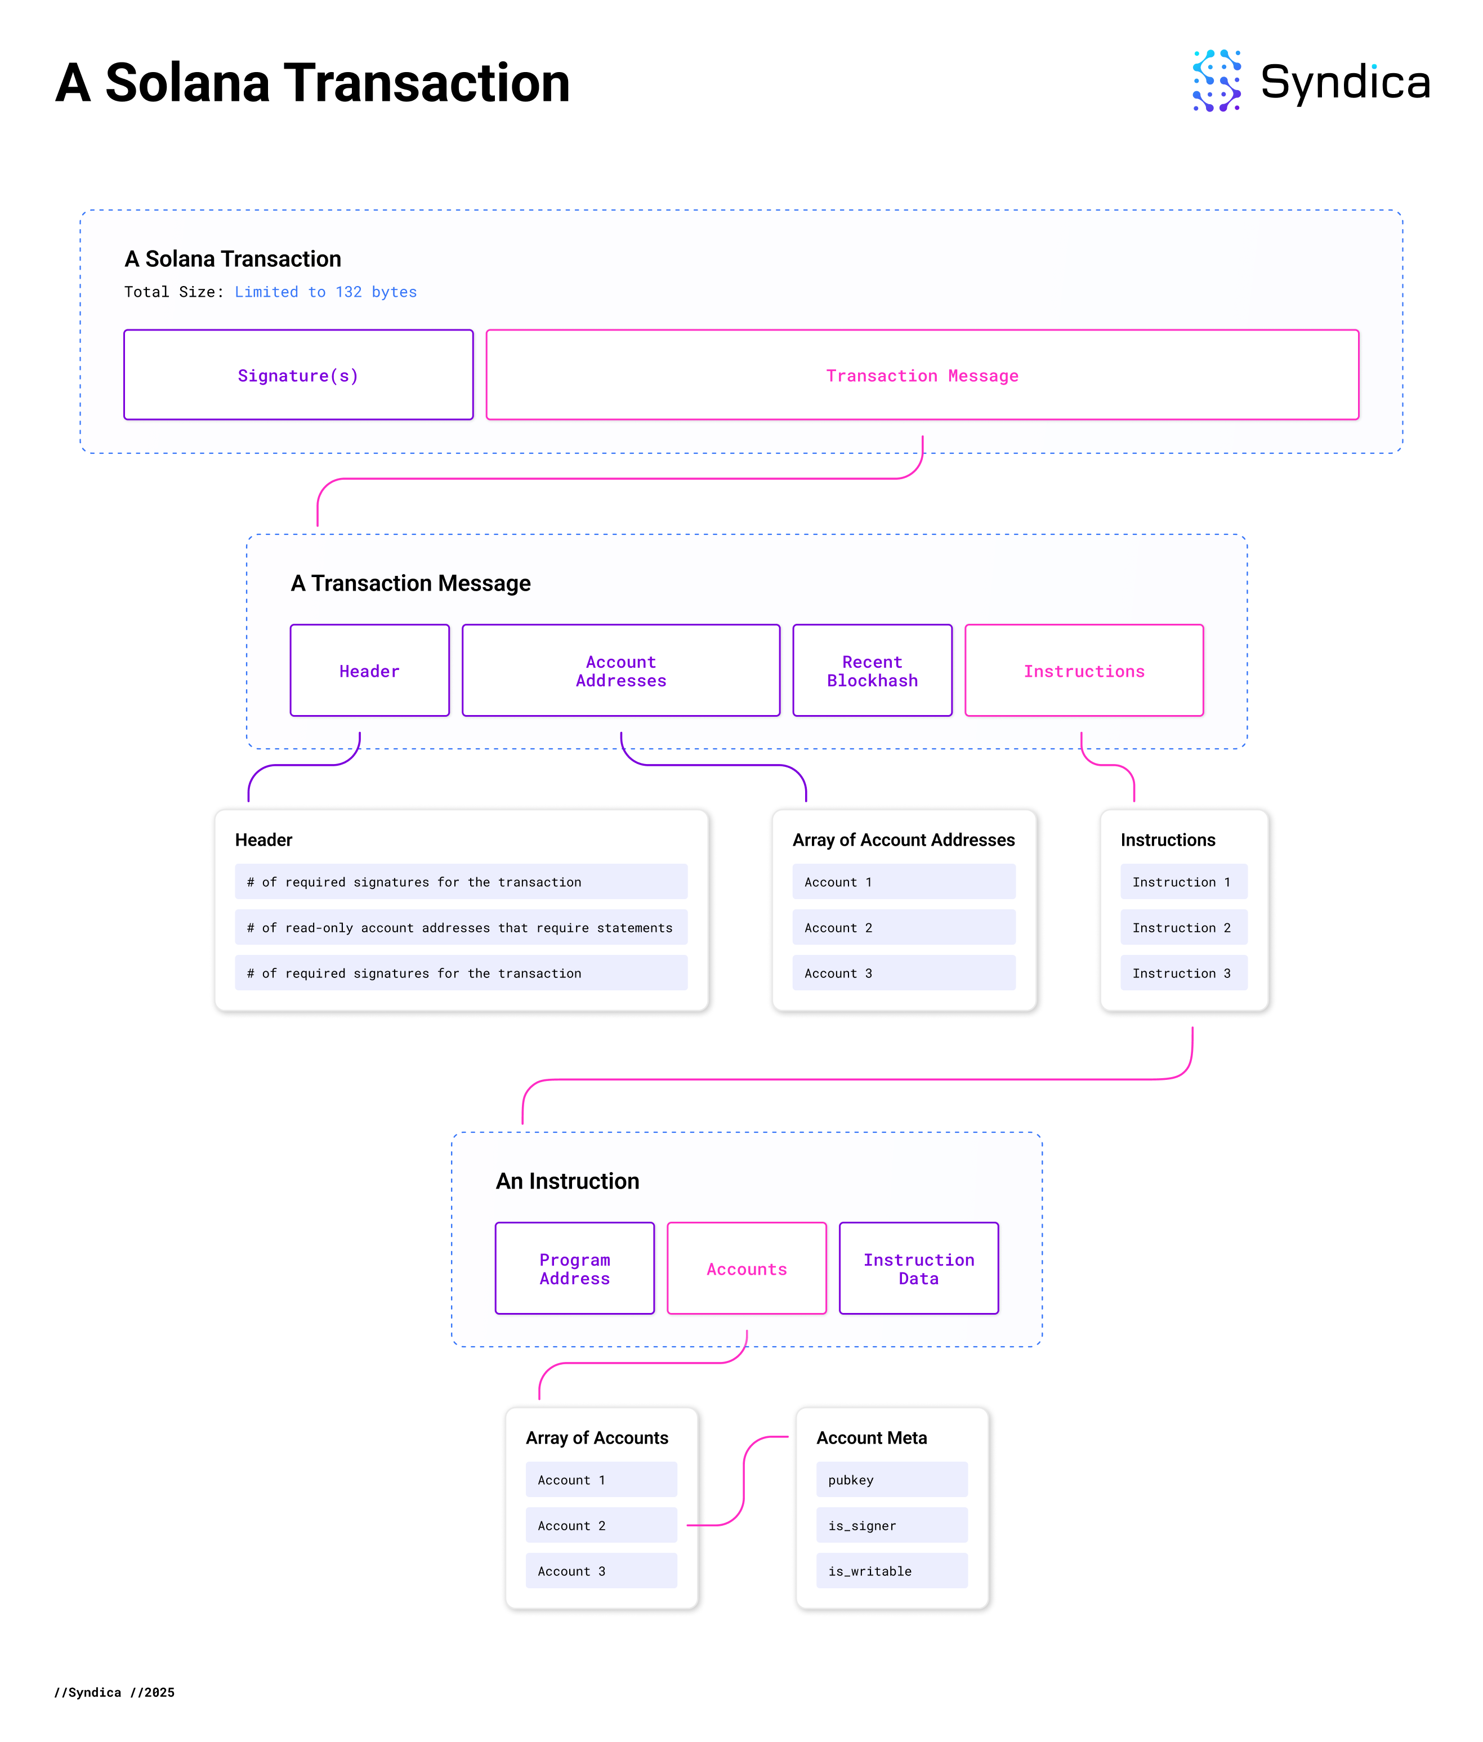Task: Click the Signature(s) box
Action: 298,375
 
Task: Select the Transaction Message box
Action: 922,375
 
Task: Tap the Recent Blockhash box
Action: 872,671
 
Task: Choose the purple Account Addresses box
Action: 620,671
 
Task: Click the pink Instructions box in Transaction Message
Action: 1084,671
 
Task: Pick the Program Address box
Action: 574,1268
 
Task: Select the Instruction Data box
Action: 918,1268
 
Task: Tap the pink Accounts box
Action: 747,1268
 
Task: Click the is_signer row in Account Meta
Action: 891,1525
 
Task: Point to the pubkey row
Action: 891,1480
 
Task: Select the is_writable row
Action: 891,1570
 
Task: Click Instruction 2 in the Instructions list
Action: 1183,927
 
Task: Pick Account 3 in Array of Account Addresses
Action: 903,973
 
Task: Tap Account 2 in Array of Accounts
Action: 601,1525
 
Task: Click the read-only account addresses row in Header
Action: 461,927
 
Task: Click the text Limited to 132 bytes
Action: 325,292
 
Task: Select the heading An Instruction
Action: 568,1181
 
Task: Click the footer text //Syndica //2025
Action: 114,1692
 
